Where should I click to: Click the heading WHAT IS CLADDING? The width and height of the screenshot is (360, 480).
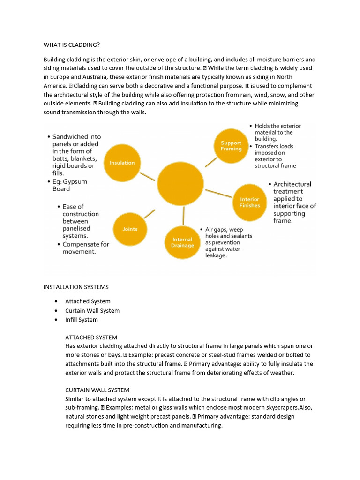coord(71,45)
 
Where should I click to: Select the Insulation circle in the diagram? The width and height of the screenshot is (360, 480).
coord(122,163)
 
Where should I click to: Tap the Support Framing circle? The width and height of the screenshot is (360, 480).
coord(231,146)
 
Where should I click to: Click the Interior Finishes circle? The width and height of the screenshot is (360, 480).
coord(249,202)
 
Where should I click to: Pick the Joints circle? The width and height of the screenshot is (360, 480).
coord(130,229)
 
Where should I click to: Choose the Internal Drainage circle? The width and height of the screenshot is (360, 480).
coord(182,242)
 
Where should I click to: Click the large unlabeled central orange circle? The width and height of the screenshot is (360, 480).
coord(180,184)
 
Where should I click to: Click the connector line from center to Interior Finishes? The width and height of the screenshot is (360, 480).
coord(218,194)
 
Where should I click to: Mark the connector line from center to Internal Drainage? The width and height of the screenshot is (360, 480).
coord(183,215)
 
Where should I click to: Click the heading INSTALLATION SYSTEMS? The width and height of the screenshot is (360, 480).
coord(76,287)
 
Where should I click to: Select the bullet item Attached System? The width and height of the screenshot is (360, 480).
coord(88,301)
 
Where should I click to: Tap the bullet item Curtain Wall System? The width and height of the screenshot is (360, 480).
coord(92,311)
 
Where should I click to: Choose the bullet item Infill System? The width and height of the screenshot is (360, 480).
coord(82,320)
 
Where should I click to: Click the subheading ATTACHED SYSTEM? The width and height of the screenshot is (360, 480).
coord(91,337)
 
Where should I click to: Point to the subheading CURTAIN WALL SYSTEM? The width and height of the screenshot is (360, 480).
coord(97,390)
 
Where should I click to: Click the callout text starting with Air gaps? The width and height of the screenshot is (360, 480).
coord(228,242)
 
